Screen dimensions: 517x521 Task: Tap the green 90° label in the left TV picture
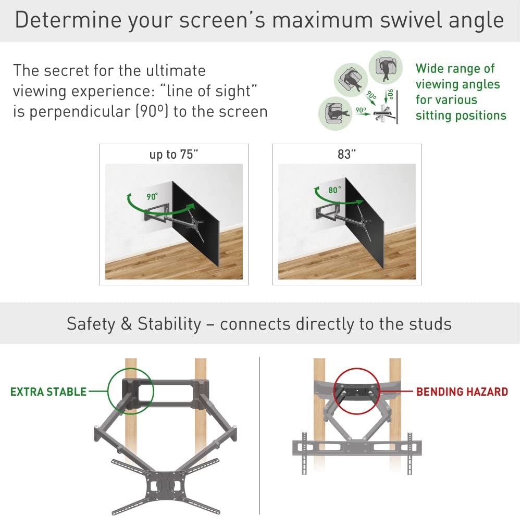[152, 197]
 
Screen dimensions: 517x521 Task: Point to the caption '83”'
[346, 155]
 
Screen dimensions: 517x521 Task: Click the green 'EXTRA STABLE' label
[48, 392]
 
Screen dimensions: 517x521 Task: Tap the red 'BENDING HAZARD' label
[462, 392]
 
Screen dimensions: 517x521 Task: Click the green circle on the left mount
[131, 392]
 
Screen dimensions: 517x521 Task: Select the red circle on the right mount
[357, 392]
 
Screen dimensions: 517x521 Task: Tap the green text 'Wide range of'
[455, 69]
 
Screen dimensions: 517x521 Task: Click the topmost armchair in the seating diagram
[386, 66]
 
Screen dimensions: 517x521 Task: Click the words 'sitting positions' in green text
[461, 116]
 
